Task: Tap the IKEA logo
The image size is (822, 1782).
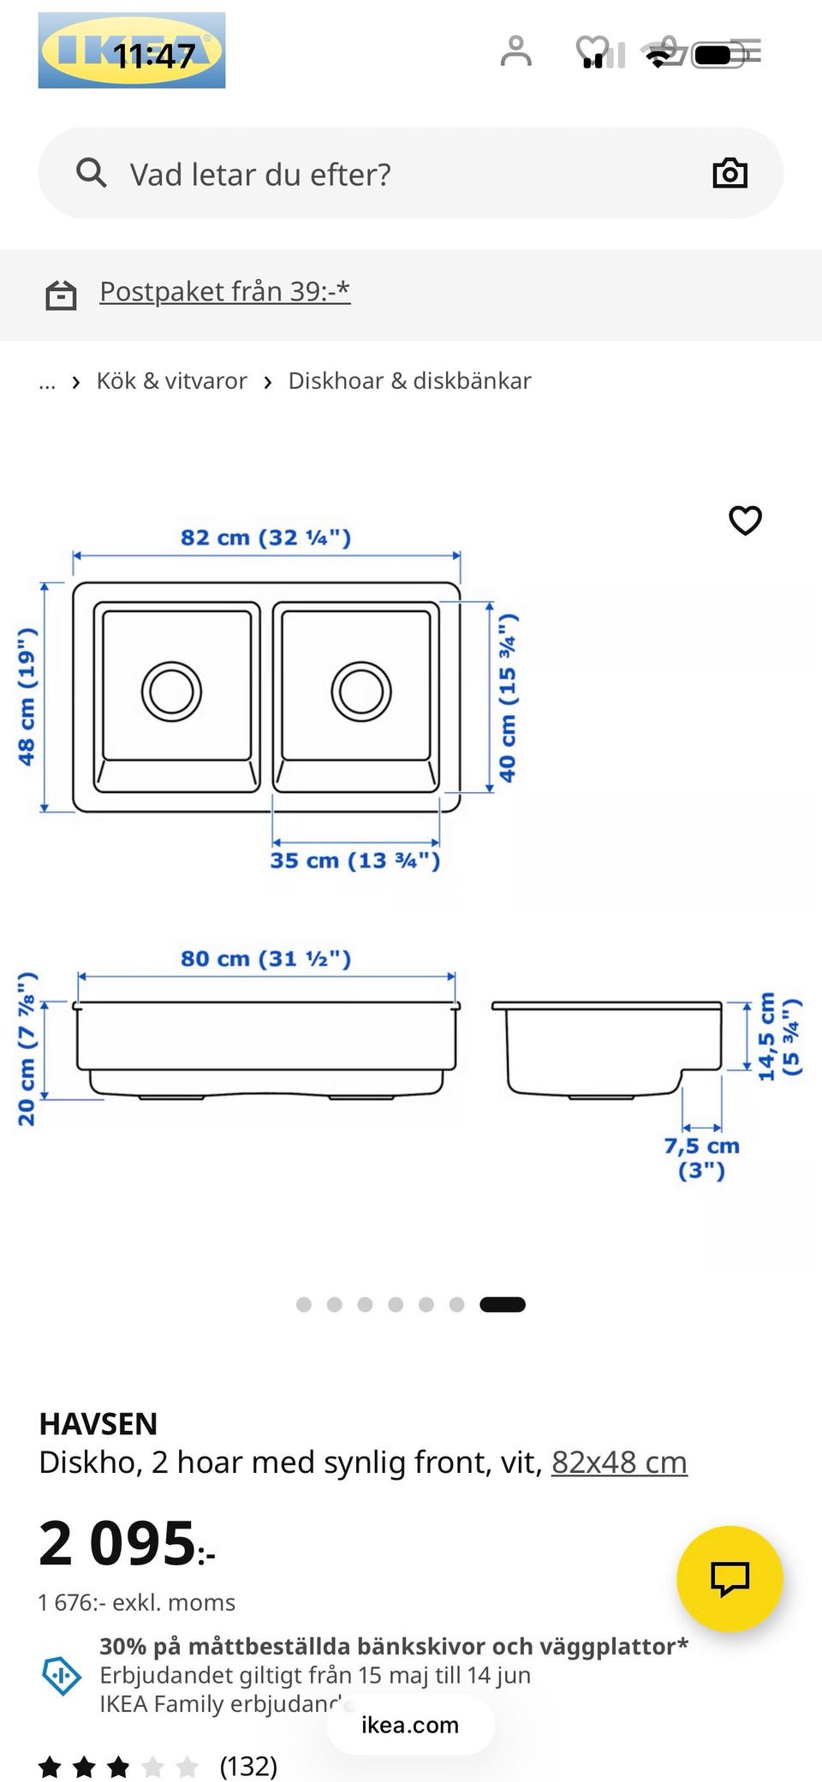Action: click(x=132, y=51)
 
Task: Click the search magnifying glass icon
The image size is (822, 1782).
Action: click(x=92, y=173)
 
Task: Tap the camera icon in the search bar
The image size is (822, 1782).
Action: click(x=730, y=173)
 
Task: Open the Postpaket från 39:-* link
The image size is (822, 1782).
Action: click(x=225, y=291)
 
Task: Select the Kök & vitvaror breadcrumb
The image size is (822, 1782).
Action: click(x=171, y=380)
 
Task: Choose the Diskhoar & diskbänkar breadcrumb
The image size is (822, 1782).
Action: click(x=409, y=380)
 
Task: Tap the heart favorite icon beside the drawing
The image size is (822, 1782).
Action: click(x=745, y=520)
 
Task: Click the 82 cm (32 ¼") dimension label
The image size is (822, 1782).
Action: click(x=265, y=538)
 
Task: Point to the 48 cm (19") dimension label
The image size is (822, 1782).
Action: click(x=27, y=696)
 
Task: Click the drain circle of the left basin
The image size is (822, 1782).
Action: click(x=171, y=690)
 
